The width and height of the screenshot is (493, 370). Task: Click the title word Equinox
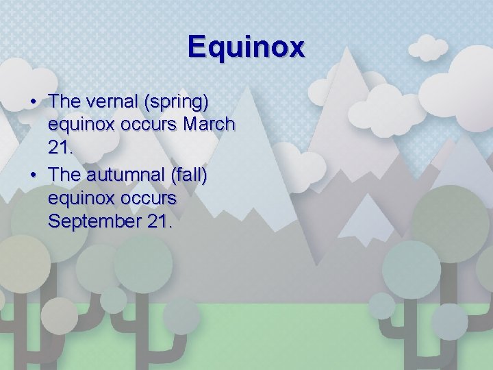246,47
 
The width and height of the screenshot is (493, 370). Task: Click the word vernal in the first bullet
110,101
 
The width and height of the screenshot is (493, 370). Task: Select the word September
93,222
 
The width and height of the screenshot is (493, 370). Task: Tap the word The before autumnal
65,174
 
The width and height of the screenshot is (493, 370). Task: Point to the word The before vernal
65,101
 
